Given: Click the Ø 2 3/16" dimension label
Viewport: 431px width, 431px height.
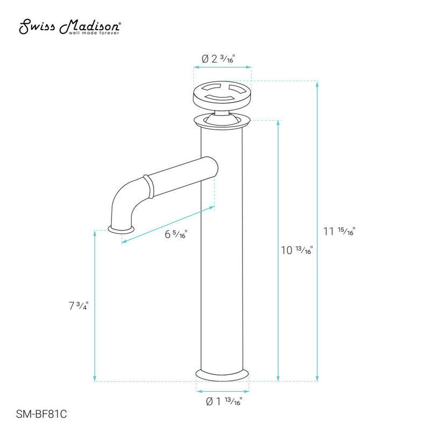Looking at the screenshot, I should [222, 58].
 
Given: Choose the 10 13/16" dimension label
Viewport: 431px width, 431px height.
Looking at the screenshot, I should [297, 250].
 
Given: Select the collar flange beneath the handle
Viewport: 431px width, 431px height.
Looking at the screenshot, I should [221, 120].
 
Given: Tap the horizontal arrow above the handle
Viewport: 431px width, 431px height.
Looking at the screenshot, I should [223, 68].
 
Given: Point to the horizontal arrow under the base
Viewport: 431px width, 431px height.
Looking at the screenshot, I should [223, 391].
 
